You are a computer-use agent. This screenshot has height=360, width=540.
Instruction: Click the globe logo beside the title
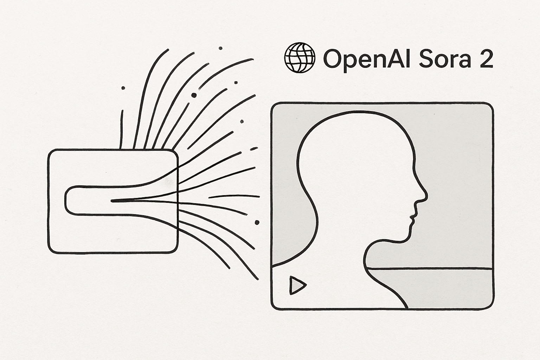pyautogui.click(x=299, y=58)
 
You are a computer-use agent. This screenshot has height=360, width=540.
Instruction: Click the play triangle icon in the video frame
pyautogui.click(x=297, y=285)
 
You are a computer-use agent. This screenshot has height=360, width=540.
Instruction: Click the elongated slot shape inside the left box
pyautogui.click(x=88, y=200)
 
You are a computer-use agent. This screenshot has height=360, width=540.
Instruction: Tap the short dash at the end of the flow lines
pyautogui.click(x=253, y=149)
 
